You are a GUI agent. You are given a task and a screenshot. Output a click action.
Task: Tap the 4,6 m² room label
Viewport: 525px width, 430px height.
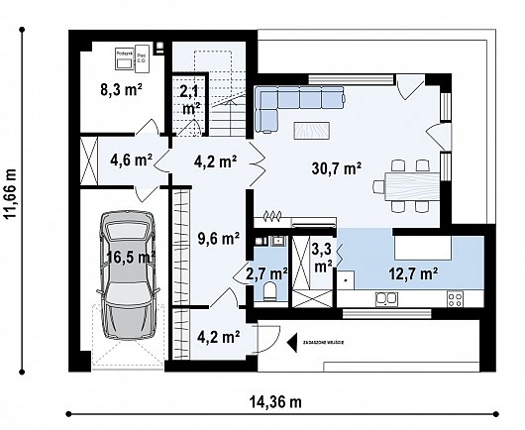click(x=130, y=158)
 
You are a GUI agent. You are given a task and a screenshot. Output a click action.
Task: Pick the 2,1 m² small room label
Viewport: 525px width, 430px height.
click(x=189, y=98)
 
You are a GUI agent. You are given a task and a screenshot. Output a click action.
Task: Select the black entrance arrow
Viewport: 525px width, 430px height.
click(x=292, y=344)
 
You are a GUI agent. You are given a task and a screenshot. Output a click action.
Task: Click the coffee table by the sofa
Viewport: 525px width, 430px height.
click(x=313, y=128)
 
